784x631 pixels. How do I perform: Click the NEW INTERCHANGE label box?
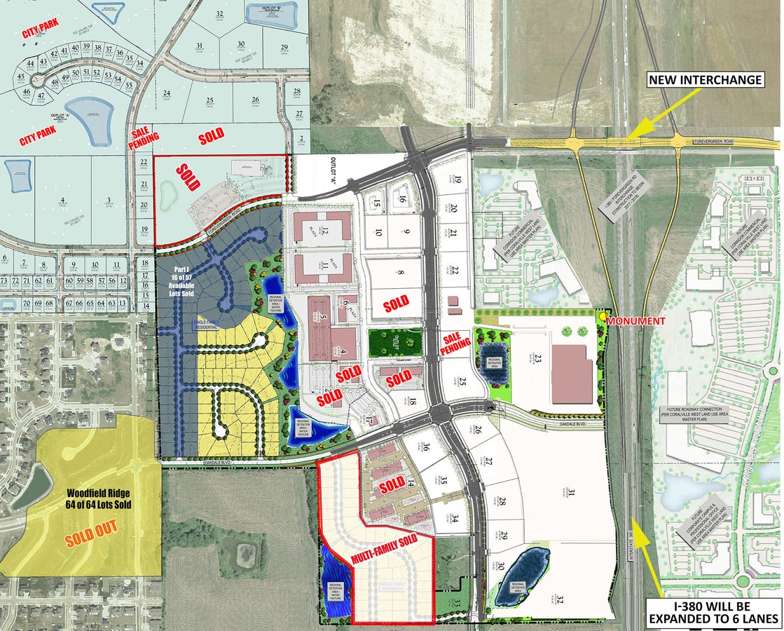705,79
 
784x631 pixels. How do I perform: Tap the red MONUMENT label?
637,320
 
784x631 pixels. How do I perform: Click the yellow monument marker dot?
603,317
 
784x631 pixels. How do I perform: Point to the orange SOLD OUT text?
91,540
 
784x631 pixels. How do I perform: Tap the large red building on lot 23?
572,374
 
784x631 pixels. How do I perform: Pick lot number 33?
456,602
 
